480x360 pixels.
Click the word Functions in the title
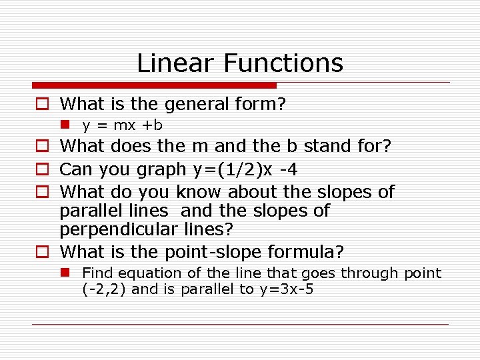coord(284,63)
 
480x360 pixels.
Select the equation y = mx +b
coord(123,125)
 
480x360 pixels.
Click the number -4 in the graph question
coord(288,170)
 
